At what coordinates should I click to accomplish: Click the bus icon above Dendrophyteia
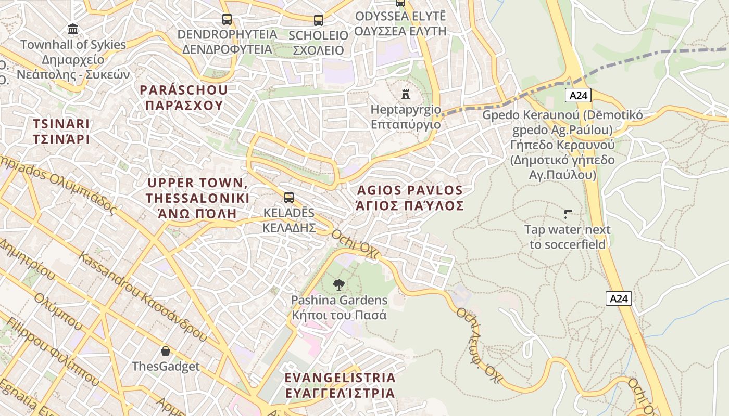(x=227, y=19)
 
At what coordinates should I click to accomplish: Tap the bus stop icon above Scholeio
(x=318, y=20)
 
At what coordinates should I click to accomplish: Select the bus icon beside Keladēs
(x=288, y=198)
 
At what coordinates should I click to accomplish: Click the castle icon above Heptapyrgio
(x=405, y=94)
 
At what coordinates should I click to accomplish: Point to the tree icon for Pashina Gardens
(x=339, y=284)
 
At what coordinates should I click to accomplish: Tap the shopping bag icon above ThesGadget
(x=165, y=351)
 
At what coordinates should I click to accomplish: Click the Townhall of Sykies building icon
(x=73, y=29)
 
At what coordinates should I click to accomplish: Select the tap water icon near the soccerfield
(x=568, y=214)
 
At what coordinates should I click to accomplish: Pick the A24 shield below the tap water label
(x=619, y=298)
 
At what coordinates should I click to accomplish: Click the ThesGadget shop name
(x=166, y=367)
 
